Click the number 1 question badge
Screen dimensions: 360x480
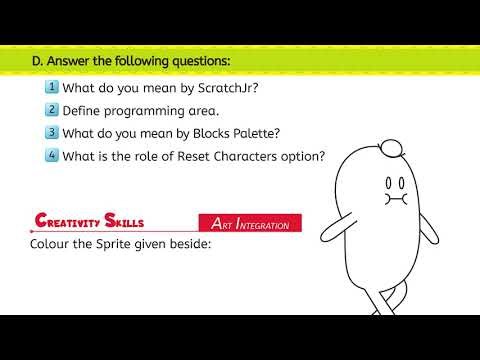[x=52, y=86]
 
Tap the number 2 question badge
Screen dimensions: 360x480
[x=52, y=109]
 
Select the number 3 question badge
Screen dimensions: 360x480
[x=52, y=132]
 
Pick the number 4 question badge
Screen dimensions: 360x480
[x=52, y=155]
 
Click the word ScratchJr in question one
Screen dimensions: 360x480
[x=225, y=87]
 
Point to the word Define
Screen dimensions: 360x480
[x=83, y=110]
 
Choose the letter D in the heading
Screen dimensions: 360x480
[x=37, y=61]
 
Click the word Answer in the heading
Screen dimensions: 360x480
[x=72, y=61]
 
